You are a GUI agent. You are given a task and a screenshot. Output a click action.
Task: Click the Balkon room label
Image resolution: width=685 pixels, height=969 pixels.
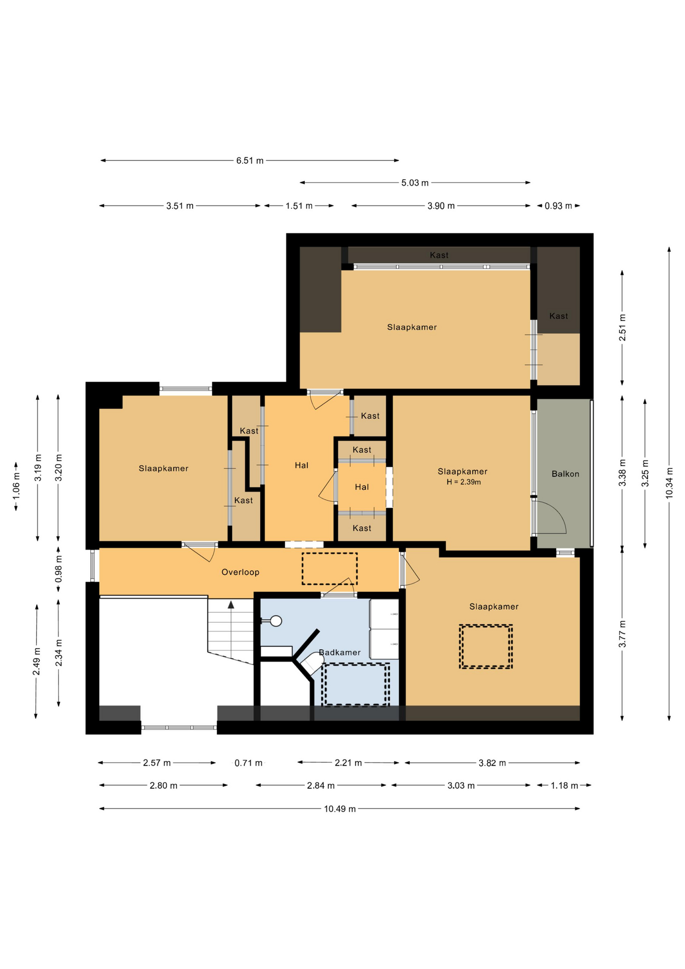pos(565,474)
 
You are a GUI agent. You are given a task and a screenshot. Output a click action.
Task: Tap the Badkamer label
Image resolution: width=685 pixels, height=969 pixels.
pos(339,653)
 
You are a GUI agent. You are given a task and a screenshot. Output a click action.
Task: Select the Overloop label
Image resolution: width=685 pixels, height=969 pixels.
pos(240,572)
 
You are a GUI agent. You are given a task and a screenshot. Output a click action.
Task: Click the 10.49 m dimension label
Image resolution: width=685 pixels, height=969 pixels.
pos(339,809)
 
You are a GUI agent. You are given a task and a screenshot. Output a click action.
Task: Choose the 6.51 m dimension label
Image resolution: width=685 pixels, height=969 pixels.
pos(250,161)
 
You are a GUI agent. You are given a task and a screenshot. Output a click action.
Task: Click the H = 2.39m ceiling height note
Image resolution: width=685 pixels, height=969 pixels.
pos(464,482)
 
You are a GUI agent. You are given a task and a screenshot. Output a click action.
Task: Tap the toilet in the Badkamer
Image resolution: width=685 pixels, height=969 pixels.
pos(312,663)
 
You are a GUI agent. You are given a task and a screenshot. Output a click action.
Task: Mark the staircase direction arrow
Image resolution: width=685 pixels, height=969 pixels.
pos(231,604)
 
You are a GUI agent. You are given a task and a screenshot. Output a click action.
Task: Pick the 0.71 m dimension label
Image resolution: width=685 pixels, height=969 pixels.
pos(248,763)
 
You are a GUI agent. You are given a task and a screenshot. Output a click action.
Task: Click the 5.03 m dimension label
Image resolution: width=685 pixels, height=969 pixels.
pos(415,183)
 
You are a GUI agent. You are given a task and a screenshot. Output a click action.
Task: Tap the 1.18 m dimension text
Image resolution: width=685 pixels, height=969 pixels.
pos(564,786)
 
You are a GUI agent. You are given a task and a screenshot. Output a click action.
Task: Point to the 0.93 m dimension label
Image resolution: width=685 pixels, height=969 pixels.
pos(558,206)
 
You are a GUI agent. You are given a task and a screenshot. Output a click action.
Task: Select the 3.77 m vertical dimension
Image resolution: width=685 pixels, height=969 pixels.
pos(622,634)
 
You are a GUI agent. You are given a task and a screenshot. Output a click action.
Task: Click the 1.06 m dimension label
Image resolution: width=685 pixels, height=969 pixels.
pos(16,487)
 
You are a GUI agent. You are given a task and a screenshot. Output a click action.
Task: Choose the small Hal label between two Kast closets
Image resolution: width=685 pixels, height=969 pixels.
pos(362,487)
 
